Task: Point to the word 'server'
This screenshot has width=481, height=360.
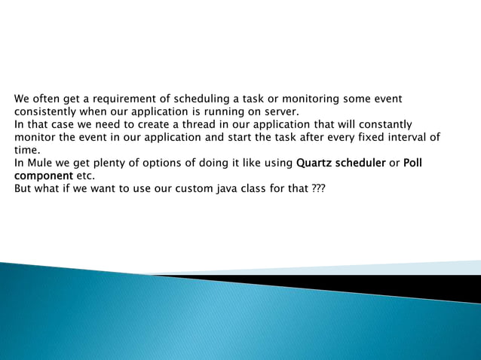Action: tap(280, 111)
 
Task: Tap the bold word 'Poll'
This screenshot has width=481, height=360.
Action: tap(413, 163)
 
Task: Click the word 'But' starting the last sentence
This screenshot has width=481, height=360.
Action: tap(24, 188)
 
